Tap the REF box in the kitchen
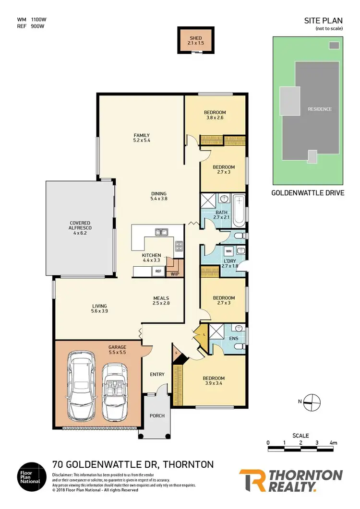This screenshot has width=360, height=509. (158, 271)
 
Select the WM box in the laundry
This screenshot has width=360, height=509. (228, 251)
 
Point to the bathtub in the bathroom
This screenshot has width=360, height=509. (238, 211)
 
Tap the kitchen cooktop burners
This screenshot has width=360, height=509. (179, 246)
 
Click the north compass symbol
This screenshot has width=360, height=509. (312, 402)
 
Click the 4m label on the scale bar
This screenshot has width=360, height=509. (333, 442)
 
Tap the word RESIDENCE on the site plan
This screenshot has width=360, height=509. (320, 109)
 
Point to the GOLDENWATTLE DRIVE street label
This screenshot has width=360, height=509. (307, 194)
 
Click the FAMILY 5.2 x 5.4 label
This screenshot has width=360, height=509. (142, 138)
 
